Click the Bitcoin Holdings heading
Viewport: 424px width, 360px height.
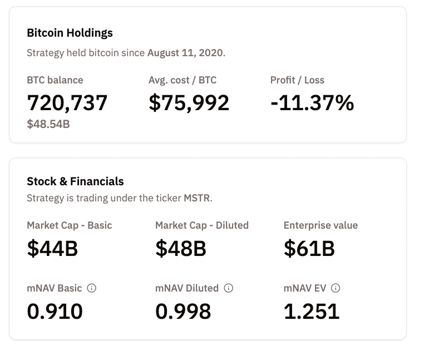70,33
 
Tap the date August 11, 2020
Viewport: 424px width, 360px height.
185,53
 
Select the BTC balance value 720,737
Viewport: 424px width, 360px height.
67,103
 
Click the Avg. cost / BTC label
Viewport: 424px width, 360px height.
183,80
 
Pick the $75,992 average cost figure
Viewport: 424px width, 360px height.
189,103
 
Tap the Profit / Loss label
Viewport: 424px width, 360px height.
297,80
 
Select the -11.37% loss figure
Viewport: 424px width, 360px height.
312,103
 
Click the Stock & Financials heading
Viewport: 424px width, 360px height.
75,181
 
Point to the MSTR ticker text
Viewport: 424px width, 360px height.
198,198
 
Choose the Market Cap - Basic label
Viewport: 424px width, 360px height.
70,225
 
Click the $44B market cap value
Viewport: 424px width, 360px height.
52,249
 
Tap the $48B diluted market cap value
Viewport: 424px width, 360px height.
181,249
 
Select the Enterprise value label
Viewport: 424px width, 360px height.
321,225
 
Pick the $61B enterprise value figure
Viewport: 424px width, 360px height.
309,249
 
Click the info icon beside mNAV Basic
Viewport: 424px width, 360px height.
92,288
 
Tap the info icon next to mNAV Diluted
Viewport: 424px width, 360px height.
229,288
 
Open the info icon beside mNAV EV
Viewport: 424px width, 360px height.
336,288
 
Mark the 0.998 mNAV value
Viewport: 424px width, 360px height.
183,312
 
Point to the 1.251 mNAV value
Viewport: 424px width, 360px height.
312,312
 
